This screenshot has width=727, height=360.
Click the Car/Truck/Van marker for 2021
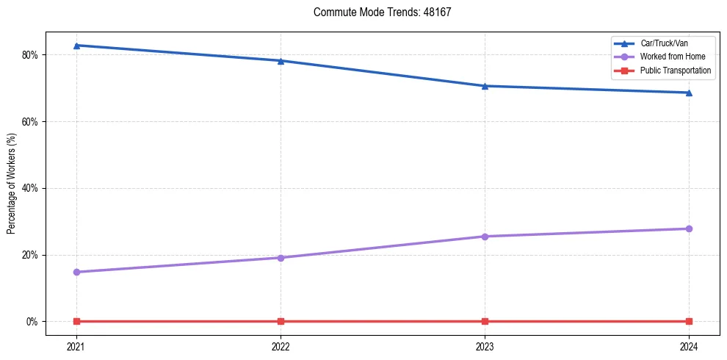[76, 46]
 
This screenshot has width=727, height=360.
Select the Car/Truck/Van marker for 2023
[485, 86]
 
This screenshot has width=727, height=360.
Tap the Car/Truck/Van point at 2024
[689, 93]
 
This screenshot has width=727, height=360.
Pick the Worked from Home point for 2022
[281, 258]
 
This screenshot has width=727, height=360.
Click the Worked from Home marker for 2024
[689, 228]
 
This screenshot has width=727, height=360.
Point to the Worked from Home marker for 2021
[76, 272]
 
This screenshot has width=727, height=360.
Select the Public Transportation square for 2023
[485, 321]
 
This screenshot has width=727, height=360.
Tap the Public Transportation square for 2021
[76, 321]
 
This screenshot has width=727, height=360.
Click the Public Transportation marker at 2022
[281, 321]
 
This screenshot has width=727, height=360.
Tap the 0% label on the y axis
[32, 322]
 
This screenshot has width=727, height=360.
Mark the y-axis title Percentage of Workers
[12, 184]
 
